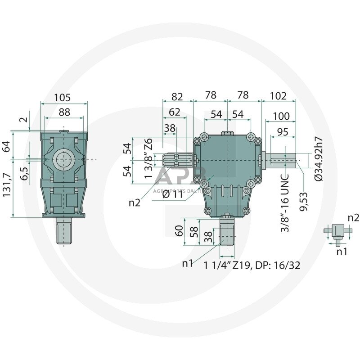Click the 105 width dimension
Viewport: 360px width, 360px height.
point(62,97)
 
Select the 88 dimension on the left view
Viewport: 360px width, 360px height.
point(64,112)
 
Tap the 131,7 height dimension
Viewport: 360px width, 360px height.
point(7,184)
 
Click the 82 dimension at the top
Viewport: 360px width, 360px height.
point(177,97)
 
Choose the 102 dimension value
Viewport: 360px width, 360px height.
point(278,96)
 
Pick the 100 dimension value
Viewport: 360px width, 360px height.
point(281,116)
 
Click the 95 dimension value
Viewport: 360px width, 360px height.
point(283,132)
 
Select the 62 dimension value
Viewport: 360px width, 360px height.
point(174,112)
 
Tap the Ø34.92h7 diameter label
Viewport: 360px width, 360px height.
point(319,159)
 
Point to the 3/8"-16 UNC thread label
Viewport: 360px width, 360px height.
point(285,203)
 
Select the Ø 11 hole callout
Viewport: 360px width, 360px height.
point(172,195)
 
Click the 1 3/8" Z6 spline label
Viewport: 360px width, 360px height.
point(148,158)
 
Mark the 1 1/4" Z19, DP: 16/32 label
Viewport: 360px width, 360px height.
point(252,265)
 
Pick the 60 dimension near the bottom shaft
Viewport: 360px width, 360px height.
point(179,231)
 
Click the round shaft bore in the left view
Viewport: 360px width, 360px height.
point(63,160)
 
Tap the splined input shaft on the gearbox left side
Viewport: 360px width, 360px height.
point(177,160)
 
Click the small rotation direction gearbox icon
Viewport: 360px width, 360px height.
point(337,234)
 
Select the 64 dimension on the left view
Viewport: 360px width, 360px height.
point(6,146)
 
